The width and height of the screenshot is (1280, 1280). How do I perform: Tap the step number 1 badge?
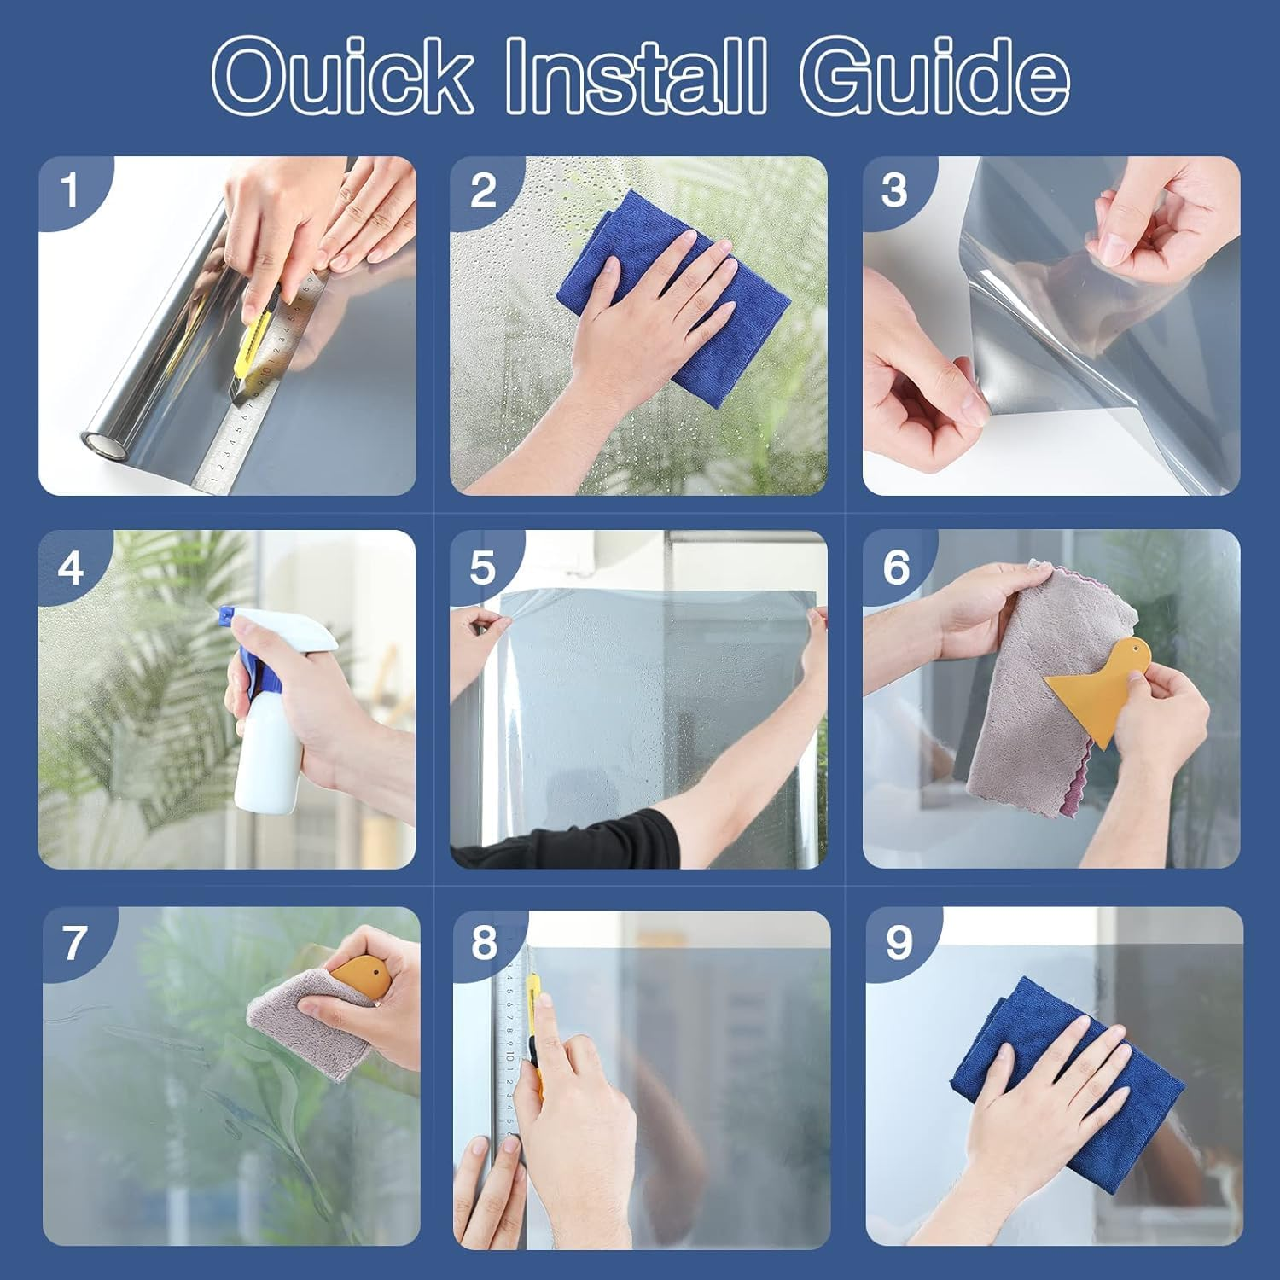[69, 190]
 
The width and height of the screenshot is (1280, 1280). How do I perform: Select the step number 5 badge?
[482, 567]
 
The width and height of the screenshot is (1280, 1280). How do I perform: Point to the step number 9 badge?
[899, 943]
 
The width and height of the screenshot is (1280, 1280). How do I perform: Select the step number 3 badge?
[894, 190]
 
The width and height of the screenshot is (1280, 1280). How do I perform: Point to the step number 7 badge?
[75, 943]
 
